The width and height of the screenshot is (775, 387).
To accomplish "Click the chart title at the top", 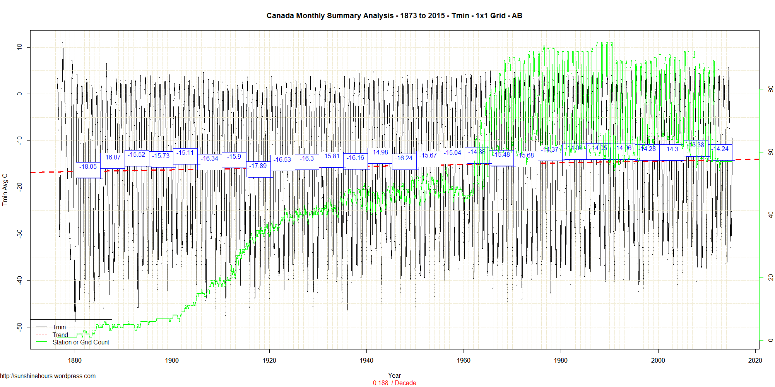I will [394, 16].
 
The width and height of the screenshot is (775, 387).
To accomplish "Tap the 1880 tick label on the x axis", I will [75, 361].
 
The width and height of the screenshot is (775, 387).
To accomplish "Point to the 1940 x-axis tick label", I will [366, 361].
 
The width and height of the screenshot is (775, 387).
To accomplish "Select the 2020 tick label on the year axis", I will [755, 361].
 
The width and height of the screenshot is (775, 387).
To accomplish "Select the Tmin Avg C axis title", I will [5, 190].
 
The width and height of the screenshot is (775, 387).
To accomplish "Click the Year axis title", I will [394, 375].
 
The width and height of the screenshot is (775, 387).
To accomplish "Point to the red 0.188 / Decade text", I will [394, 383].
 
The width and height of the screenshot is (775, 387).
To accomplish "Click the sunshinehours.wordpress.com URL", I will [48, 376].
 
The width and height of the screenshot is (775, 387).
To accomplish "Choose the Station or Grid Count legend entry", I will [80, 342].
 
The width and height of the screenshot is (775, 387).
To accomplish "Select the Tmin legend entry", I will [59, 327].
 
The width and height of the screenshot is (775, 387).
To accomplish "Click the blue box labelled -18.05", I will [88, 167].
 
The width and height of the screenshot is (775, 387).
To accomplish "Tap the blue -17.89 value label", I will [258, 166].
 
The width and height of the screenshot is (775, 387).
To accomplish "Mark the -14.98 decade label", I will [380, 152].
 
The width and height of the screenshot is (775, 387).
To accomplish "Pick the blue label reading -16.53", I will [282, 160].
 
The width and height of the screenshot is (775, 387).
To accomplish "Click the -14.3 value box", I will [671, 149].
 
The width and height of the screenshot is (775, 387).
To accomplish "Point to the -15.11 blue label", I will [185, 153].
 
